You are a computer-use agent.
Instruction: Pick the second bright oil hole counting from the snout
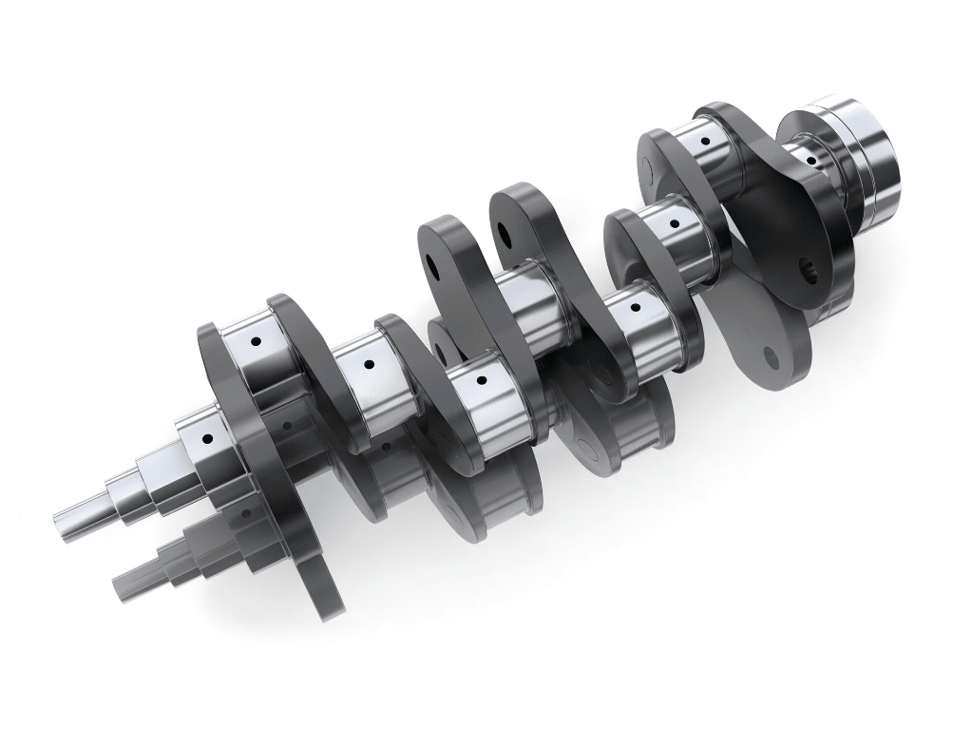tap(255, 340)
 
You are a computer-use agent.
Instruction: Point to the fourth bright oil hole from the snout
tap(481, 381)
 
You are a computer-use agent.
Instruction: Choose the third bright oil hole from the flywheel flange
tap(674, 224)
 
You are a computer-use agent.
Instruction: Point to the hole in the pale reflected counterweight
tap(770, 358)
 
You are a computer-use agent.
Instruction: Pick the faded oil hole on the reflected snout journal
tap(246, 513)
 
